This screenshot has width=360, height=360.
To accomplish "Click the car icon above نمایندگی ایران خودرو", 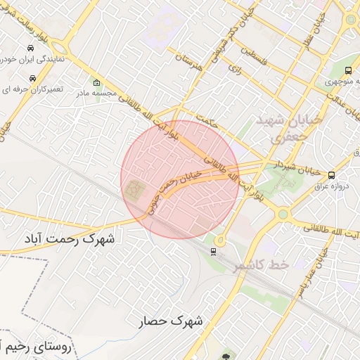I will coord(30,48).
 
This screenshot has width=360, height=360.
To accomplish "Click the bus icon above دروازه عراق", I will coord(331,175).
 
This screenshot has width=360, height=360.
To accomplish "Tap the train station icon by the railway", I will coord(213,251).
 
